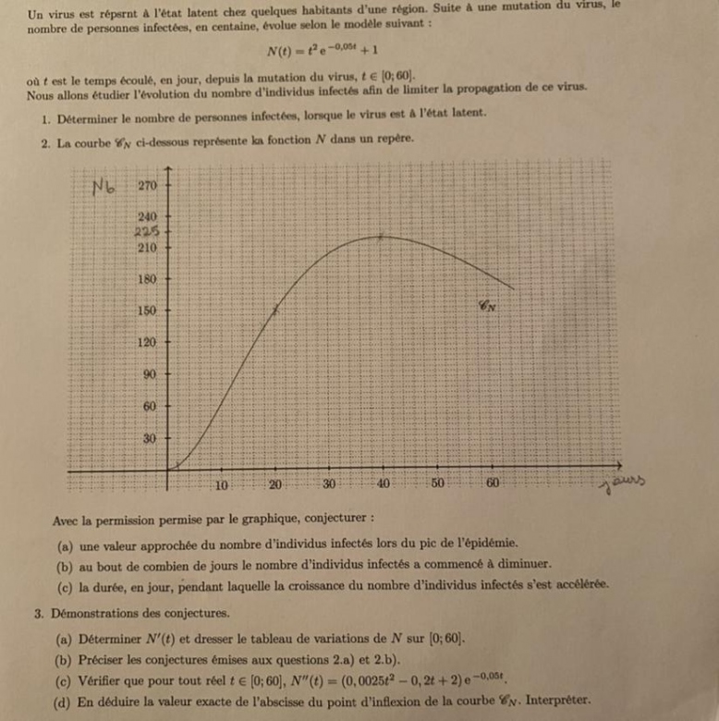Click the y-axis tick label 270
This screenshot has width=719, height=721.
tap(148, 185)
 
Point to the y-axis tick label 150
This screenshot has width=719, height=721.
tap(148, 311)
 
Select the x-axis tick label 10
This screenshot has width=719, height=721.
tap(222, 484)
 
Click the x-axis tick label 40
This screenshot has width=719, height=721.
tap(384, 484)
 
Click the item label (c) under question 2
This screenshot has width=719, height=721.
tap(64, 585)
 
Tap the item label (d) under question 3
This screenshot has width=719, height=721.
tap(65, 700)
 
